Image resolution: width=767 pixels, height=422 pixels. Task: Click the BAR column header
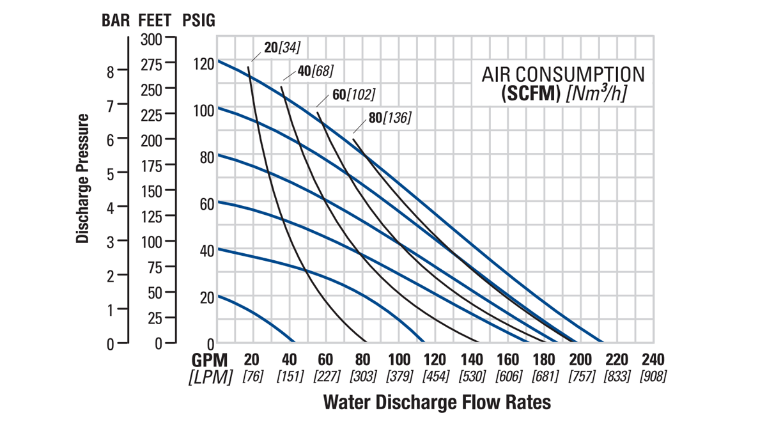click(116, 20)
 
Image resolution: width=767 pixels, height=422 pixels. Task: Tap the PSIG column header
click(199, 20)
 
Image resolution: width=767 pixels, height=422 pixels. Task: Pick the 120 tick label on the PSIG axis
click(203, 63)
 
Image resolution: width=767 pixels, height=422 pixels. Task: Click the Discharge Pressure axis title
click(82, 178)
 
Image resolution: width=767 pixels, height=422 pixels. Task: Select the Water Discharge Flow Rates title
click(437, 402)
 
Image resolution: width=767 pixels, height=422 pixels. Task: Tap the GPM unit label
click(210, 360)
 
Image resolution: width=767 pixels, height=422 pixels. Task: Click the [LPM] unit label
click(210, 377)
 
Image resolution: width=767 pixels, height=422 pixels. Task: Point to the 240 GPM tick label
click(653, 359)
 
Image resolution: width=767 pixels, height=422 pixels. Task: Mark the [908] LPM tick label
click(653, 376)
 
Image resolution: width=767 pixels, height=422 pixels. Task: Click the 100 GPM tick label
click(399, 359)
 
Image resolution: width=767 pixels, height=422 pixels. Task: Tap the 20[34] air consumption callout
click(281, 47)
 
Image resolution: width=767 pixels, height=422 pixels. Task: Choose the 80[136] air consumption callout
click(390, 118)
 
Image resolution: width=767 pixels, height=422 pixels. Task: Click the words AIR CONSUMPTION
click(562, 74)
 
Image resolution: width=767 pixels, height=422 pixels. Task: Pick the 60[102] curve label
click(353, 95)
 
